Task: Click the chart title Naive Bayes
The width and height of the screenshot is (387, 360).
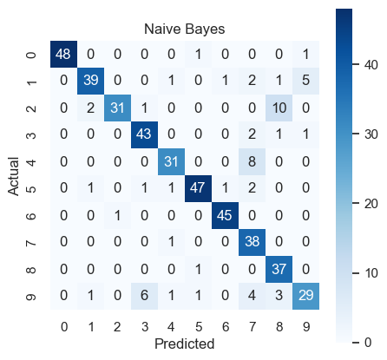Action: [184, 29]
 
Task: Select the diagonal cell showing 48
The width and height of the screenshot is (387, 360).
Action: [63, 55]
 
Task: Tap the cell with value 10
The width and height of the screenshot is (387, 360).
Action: [279, 108]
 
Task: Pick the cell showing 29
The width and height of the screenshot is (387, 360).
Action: [305, 297]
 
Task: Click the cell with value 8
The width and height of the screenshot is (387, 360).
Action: [252, 162]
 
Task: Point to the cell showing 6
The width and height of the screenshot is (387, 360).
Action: [144, 297]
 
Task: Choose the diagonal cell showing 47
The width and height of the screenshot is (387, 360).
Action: [198, 189]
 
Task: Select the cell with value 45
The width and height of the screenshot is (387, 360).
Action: [225, 216]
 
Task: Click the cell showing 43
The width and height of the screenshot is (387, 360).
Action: [144, 135]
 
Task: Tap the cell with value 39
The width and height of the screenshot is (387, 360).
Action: [90, 82]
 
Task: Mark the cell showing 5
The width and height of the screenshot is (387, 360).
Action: [305, 82]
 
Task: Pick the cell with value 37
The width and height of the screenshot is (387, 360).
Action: [279, 270]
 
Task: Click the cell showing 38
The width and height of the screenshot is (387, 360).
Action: [252, 243]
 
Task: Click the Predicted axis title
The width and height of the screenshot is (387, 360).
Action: [185, 344]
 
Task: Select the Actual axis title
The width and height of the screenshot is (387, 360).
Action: [13, 176]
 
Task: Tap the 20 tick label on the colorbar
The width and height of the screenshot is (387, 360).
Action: [371, 204]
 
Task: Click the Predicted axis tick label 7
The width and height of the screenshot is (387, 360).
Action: [253, 327]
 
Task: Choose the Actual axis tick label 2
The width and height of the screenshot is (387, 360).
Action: [31, 108]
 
